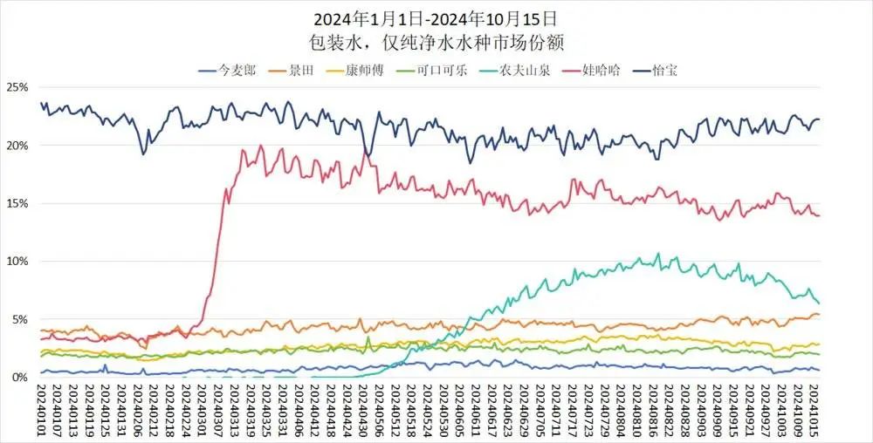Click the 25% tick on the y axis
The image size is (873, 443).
coord(17,87)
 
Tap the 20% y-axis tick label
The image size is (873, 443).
coord(17,145)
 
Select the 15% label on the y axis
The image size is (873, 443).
coord(17,203)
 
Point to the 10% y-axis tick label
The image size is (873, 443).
coord(17,261)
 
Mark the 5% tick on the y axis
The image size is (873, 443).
coord(20,319)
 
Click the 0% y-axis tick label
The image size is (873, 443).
coord(20,377)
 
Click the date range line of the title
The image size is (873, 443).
coord(436,17)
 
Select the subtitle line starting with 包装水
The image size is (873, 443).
coord(436,40)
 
